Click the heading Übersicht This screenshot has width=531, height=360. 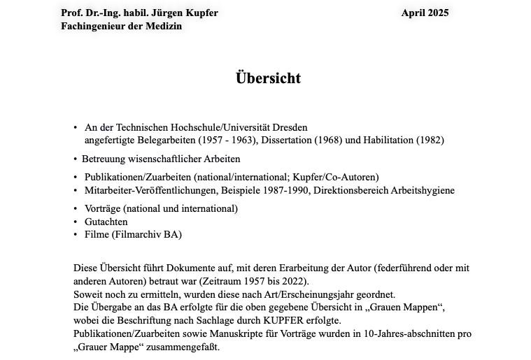pyautogui.click(x=268, y=78)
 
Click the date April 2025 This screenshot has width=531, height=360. pyautogui.click(x=425, y=13)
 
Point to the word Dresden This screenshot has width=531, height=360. pyautogui.click(x=290, y=127)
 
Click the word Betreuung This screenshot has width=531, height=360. pyautogui.click(x=104, y=159)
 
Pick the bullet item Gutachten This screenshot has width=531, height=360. pyautogui.click(x=106, y=222)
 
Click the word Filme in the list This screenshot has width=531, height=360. pyautogui.click(x=97, y=234)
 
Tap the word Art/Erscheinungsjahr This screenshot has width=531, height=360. pyautogui.click(x=331, y=294)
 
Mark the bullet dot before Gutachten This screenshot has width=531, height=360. pyautogui.click(x=76, y=222)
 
